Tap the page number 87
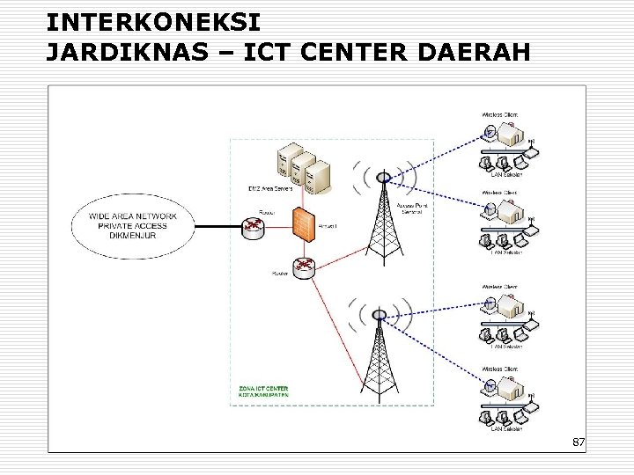tap(578, 441)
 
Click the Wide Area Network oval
tap(133, 225)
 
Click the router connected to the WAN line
tap(254, 226)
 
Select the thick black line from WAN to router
tap(217, 226)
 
